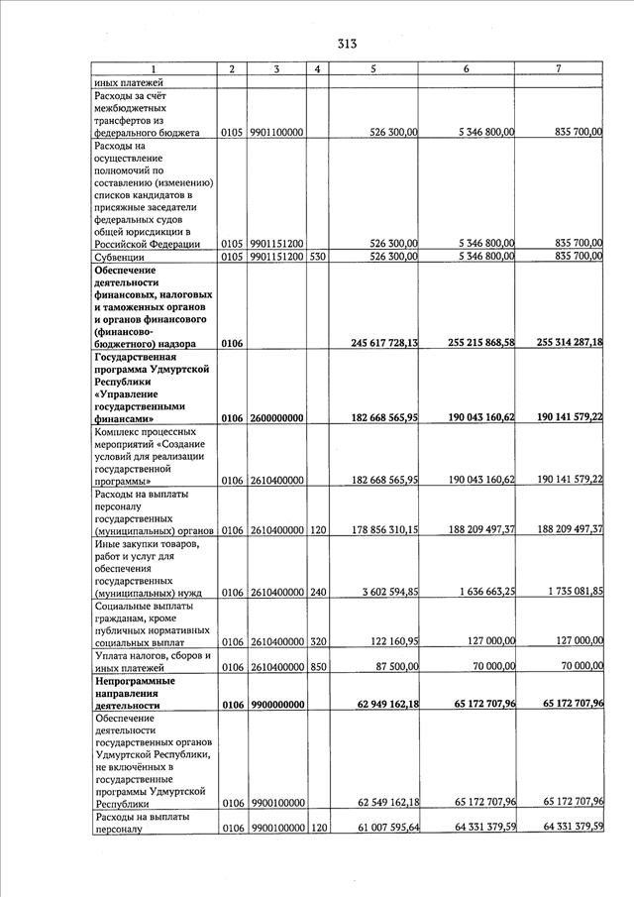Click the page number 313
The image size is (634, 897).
click(346, 43)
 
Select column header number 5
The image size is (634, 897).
click(372, 68)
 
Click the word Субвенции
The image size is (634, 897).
click(120, 257)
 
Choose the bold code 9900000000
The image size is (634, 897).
click(276, 705)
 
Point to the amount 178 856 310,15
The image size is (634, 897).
click(372, 530)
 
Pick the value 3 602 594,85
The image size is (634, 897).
click(378, 593)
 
